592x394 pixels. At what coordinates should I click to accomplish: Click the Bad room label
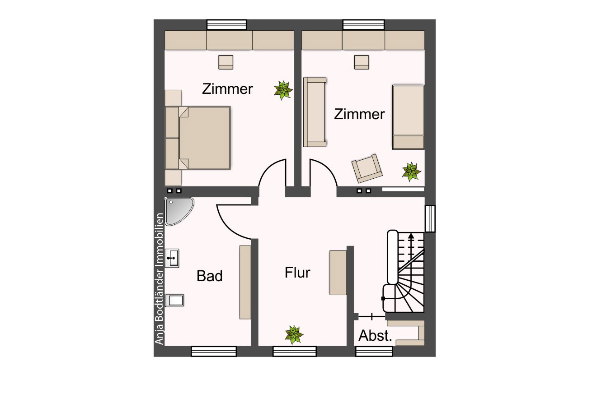click(210, 276)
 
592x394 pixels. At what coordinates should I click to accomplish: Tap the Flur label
click(297, 272)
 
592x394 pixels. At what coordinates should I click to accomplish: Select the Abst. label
click(375, 336)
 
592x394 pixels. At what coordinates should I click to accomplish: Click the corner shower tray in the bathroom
click(179, 211)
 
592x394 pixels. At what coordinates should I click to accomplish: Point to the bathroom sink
click(172, 258)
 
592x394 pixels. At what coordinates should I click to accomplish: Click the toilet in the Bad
click(174, 300)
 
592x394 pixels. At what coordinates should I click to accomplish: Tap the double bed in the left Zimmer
click(197, 138)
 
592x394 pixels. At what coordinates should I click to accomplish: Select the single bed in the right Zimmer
click(408, 117)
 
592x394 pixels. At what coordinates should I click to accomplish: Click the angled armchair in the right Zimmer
click(367, 168)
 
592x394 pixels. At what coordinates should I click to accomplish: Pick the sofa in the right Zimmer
click(315, 112)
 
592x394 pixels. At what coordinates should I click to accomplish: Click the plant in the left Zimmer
click(283, 90)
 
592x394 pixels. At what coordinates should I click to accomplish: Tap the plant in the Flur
click(294, 334)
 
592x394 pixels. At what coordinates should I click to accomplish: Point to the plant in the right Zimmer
click(411, 172)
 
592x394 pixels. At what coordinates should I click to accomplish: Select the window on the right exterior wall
click(430, 219)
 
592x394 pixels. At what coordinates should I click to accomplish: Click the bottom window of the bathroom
click(214, 352)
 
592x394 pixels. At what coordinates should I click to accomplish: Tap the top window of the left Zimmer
click(226, 24)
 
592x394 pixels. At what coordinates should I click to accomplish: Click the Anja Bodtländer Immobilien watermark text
click(159, 279)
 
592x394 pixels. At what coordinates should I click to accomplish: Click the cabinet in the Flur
click(338, 273)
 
